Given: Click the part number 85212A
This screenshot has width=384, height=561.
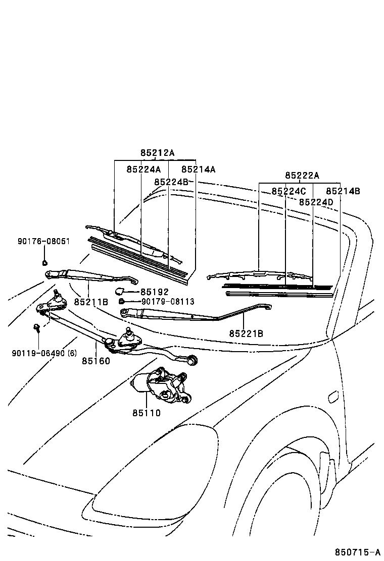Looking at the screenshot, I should [x=157, y=153].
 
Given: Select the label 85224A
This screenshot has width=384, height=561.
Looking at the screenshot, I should [x=143, y=170].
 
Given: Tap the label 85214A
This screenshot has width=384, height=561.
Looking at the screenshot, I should [x=198, y=170].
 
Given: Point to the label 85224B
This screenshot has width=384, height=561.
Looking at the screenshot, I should [x=171, y=182].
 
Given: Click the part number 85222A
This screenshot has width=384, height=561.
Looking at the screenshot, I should [x=302, y=176].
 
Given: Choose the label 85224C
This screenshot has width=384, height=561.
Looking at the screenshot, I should [x=289, y=191].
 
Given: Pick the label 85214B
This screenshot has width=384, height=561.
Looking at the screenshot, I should [x=343, y=191].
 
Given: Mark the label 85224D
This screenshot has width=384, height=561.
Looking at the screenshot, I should [x=316, y=202].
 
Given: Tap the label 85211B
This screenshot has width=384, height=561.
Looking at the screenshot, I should [x=91, y=302].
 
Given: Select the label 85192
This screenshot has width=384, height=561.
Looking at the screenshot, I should [x=154, y=292].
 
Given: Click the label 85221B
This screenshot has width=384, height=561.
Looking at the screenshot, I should [x=246, y=333].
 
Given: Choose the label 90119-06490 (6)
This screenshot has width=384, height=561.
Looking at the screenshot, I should [x=44, y=353].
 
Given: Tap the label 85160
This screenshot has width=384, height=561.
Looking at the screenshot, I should [x=96, y=361].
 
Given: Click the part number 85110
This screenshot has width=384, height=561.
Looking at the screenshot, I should [x=147, y=413].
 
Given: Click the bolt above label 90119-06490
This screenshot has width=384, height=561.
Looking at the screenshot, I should [x=36, y=328].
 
